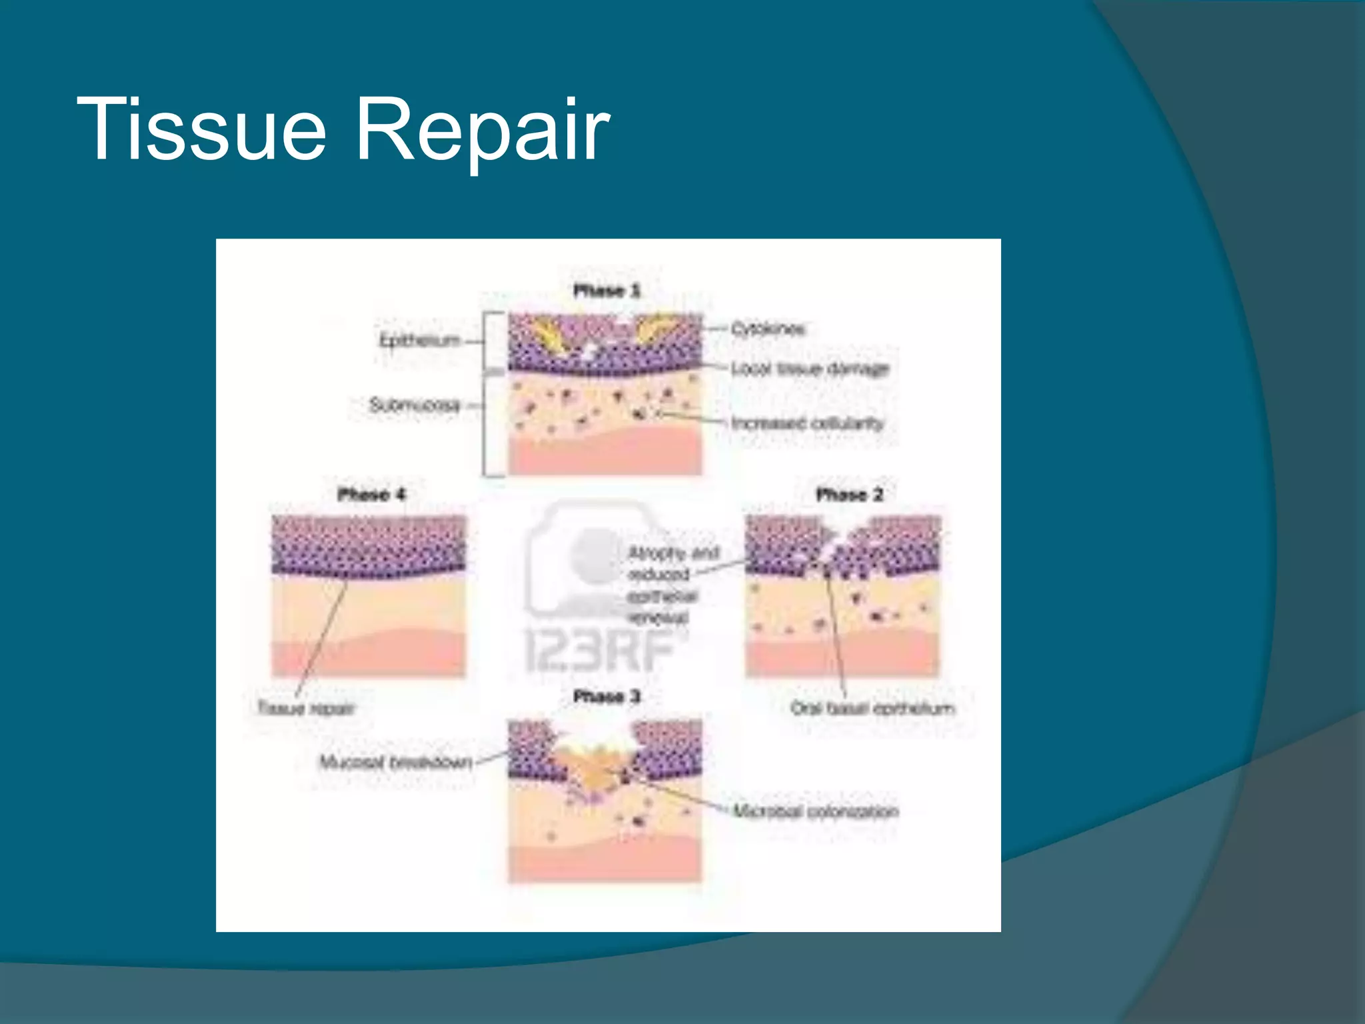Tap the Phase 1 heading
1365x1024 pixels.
[x=607, y=291]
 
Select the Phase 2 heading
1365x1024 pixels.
[x=849, y=495]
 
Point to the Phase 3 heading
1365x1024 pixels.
[x=607, y=697]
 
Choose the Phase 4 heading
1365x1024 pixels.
[x=371, y=495]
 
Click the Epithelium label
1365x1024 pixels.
[x=420, y=341]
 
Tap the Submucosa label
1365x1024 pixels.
[x=415, y=405]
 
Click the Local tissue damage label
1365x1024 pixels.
[x=810, y=369]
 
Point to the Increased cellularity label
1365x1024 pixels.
[x=807, y=423]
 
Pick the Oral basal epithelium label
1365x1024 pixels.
[x=872, y=708]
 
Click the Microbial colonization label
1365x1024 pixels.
[x=816, y=811]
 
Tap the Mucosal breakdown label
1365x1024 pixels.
[x=396, y=762]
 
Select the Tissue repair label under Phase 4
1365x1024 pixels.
[x=306, y=708]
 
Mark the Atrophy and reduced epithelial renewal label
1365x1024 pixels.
[x=673, y=585]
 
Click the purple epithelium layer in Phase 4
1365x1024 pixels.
[x=368, y=543]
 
